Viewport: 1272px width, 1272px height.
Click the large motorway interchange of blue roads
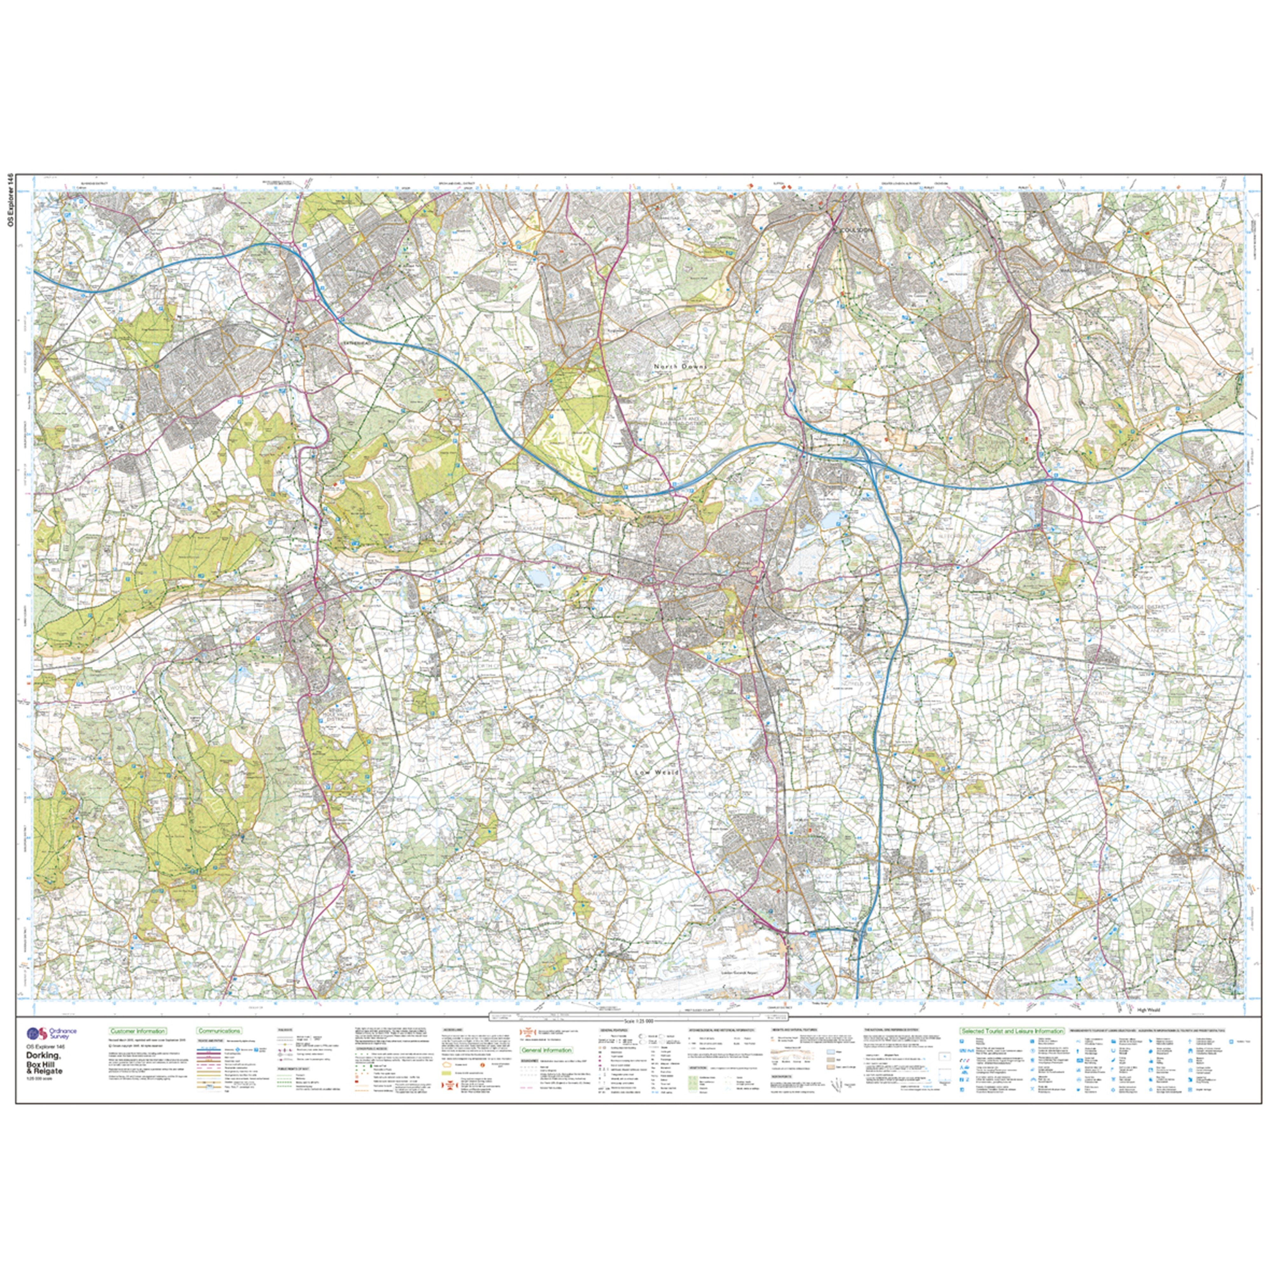pyautogui.click(x=862, y=456)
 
